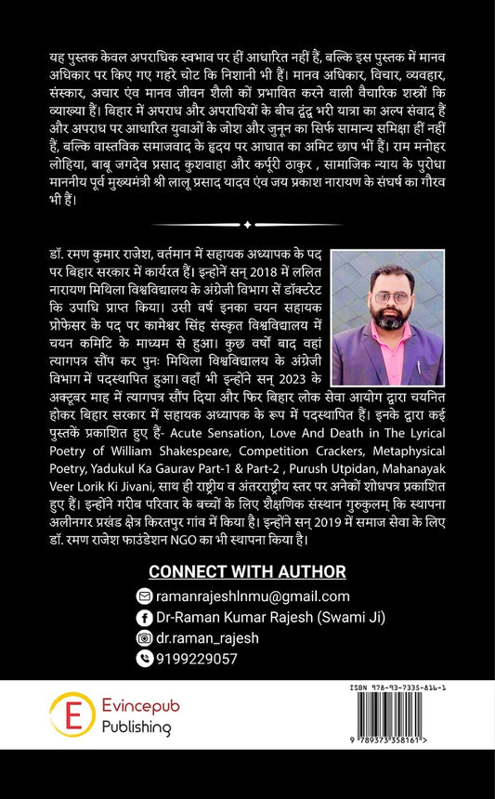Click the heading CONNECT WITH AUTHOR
[x=247, y=571]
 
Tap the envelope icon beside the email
[x=143, y=596]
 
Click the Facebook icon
[x=143, y=617]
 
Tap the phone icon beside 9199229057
[x=143, y=658]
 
